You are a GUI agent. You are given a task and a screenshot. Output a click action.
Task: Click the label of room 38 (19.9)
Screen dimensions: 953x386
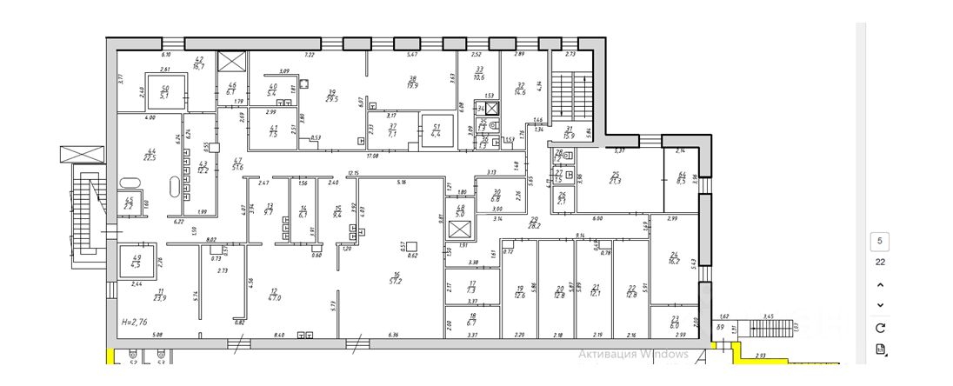[413, 82]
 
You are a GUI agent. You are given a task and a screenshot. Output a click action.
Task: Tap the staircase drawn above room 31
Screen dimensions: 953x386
[571, 91]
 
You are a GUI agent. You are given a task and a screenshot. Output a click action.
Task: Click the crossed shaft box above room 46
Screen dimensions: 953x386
[232, 63]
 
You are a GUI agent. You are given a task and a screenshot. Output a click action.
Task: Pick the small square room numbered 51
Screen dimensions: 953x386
[436, 127]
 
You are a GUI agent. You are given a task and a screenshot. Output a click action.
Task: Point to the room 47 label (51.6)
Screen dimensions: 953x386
[237, 163]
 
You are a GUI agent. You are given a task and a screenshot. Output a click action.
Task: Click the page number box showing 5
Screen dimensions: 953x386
[880, 241]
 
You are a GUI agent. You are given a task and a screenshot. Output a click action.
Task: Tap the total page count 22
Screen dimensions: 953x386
[880, 262]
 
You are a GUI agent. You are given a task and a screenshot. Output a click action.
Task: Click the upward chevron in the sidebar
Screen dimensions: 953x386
[880, 285]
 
